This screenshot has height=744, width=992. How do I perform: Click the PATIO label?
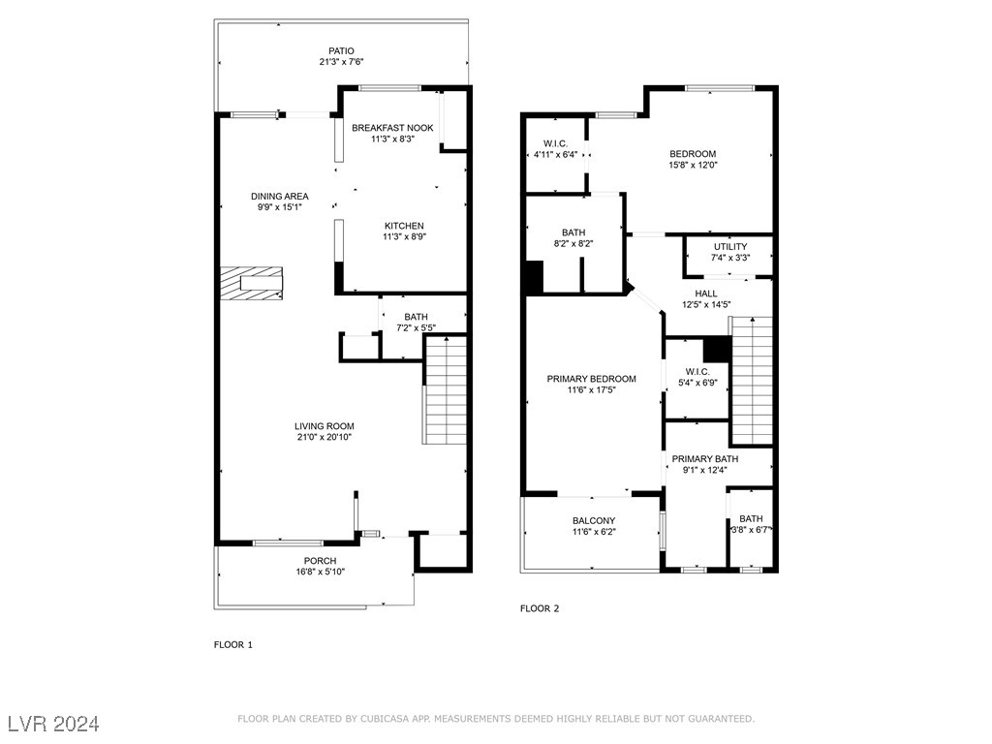click(340, 50)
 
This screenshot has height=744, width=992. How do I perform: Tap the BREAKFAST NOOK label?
click(392, 128)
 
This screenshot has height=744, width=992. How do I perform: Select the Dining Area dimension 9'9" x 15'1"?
click(280, 207)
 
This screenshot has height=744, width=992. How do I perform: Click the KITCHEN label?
click(404, 226)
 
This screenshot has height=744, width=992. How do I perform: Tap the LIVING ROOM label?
click(325, 426)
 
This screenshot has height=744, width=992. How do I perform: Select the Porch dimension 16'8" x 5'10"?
click(320, 573)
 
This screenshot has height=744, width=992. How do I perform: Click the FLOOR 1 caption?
click(232, 644)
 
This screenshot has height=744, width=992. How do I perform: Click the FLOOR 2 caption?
click(540, 608)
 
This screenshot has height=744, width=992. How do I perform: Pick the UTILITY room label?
click(730, 246)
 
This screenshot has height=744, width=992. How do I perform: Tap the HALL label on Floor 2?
click(705, 294)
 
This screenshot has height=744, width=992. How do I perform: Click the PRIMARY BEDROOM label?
click(591, 379)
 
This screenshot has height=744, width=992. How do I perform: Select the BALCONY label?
click(594, 520)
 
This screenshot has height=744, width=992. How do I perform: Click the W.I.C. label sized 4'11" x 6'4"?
click(555, 143)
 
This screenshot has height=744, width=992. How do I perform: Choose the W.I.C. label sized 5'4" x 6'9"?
click(697, 371)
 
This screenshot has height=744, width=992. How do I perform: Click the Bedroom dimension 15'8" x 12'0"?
click(693, 166)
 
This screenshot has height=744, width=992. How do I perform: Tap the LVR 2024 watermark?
click(53, 724)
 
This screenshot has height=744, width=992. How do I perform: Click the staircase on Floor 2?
click(751, 380)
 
